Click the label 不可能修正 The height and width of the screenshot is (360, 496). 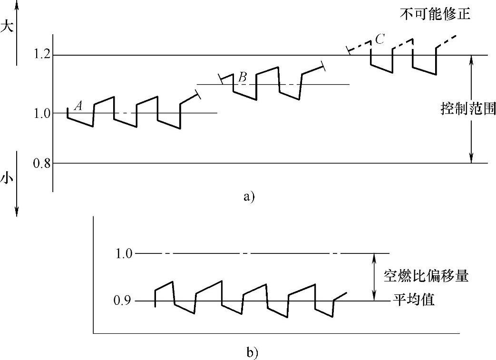coord(435,14)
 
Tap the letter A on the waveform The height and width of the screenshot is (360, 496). coord(79,107)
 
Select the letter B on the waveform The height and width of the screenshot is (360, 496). coord(242,77)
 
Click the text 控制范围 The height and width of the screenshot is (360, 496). coord(468,110)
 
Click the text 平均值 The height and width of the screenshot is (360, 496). coord(414,301)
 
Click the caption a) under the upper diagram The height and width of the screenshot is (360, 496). coord(249,196)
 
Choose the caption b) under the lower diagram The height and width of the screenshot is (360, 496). coord(252,352)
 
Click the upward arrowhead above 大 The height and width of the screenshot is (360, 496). coord(17,4)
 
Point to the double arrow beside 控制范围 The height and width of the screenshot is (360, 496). coord(471,109)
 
